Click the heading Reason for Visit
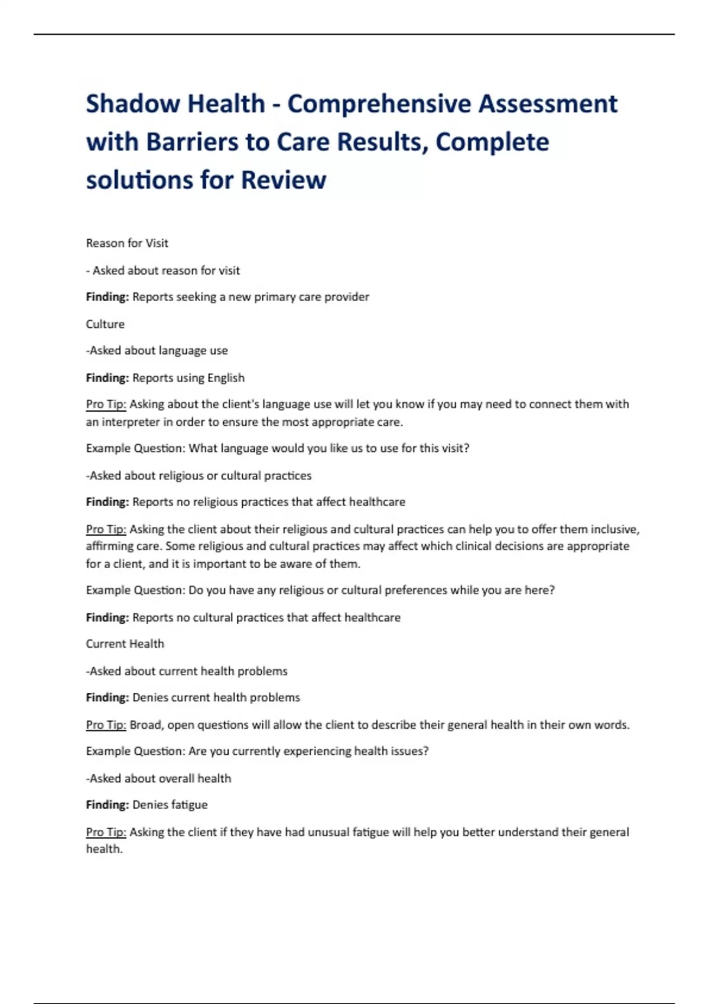pos(127,243)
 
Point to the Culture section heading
pos(105,324)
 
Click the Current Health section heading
pos(125,644)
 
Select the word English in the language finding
pos(226,378)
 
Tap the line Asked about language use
pos(157,351)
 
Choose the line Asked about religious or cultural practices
pos(199,475)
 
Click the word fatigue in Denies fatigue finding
pos(189,805)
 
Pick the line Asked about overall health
pos(159,778)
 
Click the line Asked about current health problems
pos(187,671)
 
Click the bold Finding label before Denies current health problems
pos(107,697)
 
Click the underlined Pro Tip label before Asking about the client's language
pos(106,405)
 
